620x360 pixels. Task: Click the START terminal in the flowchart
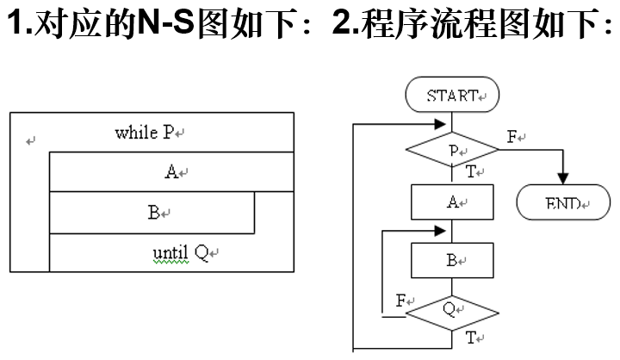(x=452, y=96)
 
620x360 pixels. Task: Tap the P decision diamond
(x=452, y=152)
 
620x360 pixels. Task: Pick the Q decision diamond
(x=452, y=310)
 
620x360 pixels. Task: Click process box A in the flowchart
(x=452, y=203)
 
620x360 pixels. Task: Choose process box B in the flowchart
(x=452, y=259)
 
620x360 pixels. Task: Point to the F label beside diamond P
(x=512, y=137)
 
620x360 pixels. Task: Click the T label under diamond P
(x=471, y=171)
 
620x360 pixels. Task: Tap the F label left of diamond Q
(x=400, y=301)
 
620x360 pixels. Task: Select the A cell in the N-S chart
(x=171, y=171)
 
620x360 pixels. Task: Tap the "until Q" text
(x=181, y=253)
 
